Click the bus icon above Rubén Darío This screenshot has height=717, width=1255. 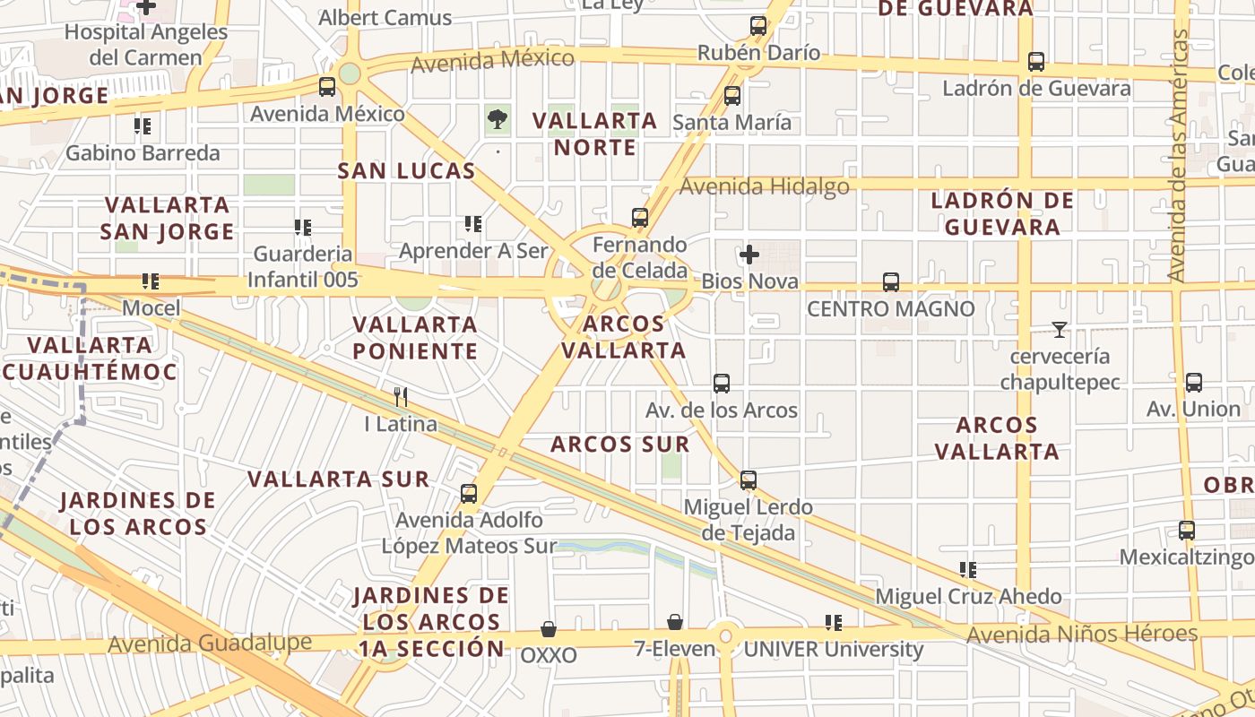point(758,26)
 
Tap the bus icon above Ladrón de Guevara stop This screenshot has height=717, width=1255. point(1036,62)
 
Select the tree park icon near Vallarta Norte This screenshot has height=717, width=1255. point(497,118)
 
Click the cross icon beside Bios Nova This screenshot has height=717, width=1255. point(749,255)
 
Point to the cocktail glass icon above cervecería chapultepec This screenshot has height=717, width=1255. point(1060,330)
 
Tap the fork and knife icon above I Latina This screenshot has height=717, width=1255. point(401,396)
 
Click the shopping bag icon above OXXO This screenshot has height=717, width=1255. point(549,629)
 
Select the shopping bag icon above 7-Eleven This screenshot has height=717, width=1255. point(675,622)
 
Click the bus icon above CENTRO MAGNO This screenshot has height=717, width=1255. point(891,282)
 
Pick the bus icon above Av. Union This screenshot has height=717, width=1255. point(1194,383)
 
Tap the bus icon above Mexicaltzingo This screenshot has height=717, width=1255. point(1187,530)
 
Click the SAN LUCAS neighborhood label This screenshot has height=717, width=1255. point(406,171)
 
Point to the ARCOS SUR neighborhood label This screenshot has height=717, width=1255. point(620,445)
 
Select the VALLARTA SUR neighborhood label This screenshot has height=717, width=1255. point(339,479)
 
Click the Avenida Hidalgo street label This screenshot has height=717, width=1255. point(765,186)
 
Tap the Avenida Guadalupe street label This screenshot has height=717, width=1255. point(210,644)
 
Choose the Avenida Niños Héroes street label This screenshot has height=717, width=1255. point(1082,635)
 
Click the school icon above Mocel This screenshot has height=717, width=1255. point(151,281)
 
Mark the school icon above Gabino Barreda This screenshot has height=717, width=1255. point(143,126)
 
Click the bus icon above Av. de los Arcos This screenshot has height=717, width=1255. point(722,384)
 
